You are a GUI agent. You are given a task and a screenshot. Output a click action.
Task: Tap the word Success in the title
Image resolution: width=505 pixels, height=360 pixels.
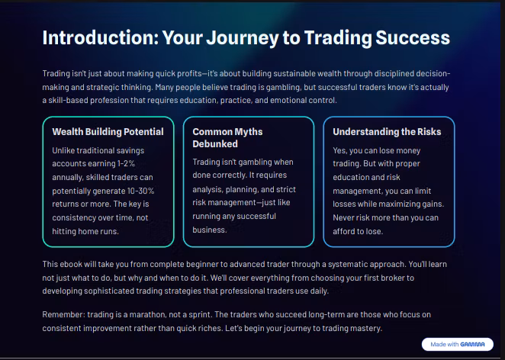click(413, 37)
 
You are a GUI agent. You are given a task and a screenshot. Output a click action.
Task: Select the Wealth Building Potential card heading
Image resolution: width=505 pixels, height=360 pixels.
click(108, 132)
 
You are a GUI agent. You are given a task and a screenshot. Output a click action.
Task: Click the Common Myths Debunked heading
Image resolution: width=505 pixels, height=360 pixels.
click(227, 137)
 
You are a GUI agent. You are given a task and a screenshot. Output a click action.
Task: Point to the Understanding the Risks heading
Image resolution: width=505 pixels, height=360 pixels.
click(387, 132)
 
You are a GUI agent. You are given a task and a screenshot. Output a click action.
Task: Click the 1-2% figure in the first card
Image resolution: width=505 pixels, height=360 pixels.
click(126, 163)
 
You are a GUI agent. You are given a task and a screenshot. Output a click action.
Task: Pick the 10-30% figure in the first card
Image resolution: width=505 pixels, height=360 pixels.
click(140, 191)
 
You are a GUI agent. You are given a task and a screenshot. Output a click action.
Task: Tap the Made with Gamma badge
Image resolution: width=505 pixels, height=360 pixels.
click(458, 344)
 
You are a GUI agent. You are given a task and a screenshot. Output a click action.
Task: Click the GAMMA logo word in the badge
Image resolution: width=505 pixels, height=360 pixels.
click(472, 344)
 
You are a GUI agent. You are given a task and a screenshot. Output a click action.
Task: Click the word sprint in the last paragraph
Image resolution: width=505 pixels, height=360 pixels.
click(199, 315)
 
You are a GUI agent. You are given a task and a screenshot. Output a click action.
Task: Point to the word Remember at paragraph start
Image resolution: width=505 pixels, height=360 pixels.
click(64, 314)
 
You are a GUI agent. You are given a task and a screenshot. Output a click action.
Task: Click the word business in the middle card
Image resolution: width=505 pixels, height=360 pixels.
click(209, 230)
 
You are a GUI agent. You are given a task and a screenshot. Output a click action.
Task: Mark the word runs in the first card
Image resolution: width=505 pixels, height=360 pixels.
click(110, 231)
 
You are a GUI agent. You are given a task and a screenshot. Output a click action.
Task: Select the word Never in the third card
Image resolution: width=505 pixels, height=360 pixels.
click(343, 217)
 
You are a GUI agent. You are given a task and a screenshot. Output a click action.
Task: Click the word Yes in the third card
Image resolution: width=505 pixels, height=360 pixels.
click(339, 151)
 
